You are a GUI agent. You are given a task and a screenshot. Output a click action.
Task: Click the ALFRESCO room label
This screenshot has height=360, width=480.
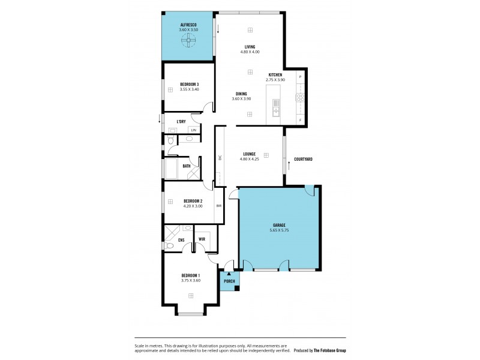188,25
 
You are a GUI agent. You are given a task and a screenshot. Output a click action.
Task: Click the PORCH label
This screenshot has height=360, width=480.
229,281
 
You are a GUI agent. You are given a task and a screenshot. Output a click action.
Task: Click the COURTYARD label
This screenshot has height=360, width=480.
303,159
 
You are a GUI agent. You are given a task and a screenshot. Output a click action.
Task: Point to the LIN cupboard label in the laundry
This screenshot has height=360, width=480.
193,130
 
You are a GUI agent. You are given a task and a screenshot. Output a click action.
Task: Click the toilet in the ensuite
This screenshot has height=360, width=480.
170,245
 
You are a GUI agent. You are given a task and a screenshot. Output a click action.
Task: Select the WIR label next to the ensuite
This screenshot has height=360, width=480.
202,239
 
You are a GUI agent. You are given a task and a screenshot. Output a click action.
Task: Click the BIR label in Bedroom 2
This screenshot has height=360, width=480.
219,206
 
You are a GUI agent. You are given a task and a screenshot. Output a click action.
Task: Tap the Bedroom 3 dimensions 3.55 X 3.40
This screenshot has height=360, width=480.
189,89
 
